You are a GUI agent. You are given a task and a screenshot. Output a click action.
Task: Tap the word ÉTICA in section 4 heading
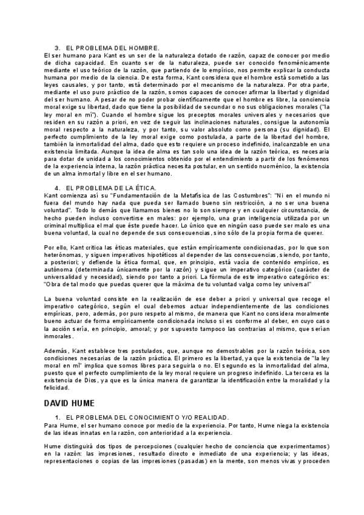[x=142, y=188]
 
